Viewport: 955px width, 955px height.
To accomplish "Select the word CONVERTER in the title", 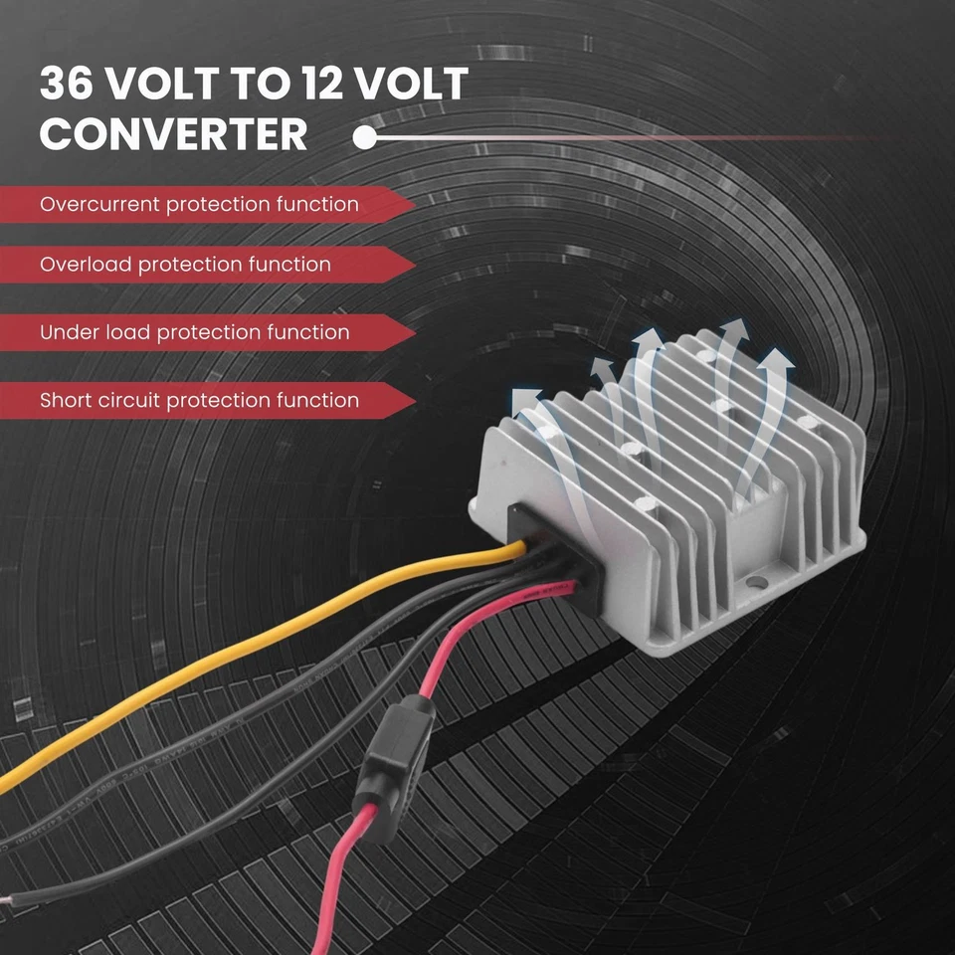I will (174, 134).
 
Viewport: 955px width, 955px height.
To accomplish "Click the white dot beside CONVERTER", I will (365, 136).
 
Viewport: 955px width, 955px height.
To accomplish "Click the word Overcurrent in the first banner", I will (99, 205).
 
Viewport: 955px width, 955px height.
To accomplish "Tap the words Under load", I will (95, 332).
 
